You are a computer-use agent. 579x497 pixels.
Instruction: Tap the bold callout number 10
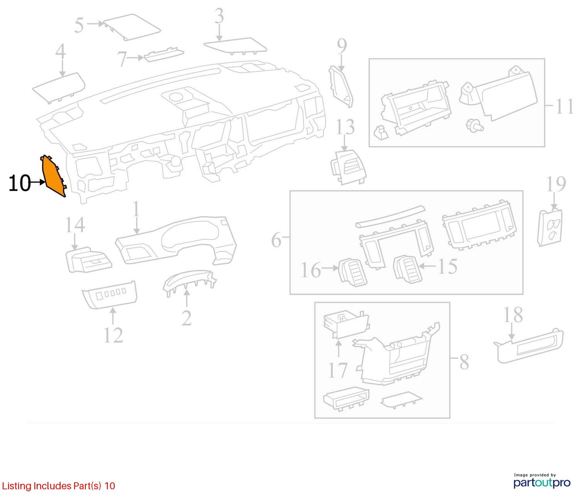(19, 183)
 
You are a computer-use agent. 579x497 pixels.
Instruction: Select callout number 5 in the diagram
(79, 25)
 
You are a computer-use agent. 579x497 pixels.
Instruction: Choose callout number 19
(556, 184)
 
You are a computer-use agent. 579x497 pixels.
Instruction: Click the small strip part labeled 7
(164, 55)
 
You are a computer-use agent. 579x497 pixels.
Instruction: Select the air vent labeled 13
(349, 167)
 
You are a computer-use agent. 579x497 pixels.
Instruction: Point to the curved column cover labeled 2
(190, 282)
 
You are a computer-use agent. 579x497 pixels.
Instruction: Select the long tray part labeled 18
(528, 346)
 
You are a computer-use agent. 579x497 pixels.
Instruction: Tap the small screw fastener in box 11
(474, 125)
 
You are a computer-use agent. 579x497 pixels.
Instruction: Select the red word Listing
(17, 486)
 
